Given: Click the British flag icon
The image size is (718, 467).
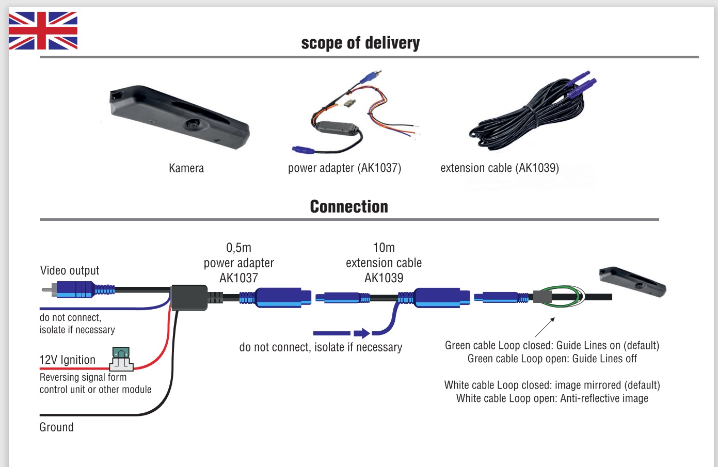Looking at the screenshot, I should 43,31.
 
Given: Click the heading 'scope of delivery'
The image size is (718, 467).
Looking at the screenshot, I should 360,43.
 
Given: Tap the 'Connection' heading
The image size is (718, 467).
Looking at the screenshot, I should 349,206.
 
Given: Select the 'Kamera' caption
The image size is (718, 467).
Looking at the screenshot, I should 186,168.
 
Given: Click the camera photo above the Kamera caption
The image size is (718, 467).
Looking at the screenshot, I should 179,118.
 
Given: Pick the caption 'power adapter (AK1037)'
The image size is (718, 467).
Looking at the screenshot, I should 344,168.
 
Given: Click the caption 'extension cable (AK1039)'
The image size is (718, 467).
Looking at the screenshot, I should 500,168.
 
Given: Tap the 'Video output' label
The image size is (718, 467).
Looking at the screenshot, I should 70,270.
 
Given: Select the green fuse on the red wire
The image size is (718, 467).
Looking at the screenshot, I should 121,353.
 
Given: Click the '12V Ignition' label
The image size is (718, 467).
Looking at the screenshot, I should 68,360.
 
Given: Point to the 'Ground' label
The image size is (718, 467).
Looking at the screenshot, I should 57,427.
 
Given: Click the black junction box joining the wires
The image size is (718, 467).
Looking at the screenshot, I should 188,297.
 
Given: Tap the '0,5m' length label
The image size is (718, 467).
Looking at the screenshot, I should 238,248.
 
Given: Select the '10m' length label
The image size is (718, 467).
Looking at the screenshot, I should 384,248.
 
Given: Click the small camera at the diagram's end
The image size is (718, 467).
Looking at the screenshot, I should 632,282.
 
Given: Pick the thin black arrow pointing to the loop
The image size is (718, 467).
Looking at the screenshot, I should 545,327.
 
